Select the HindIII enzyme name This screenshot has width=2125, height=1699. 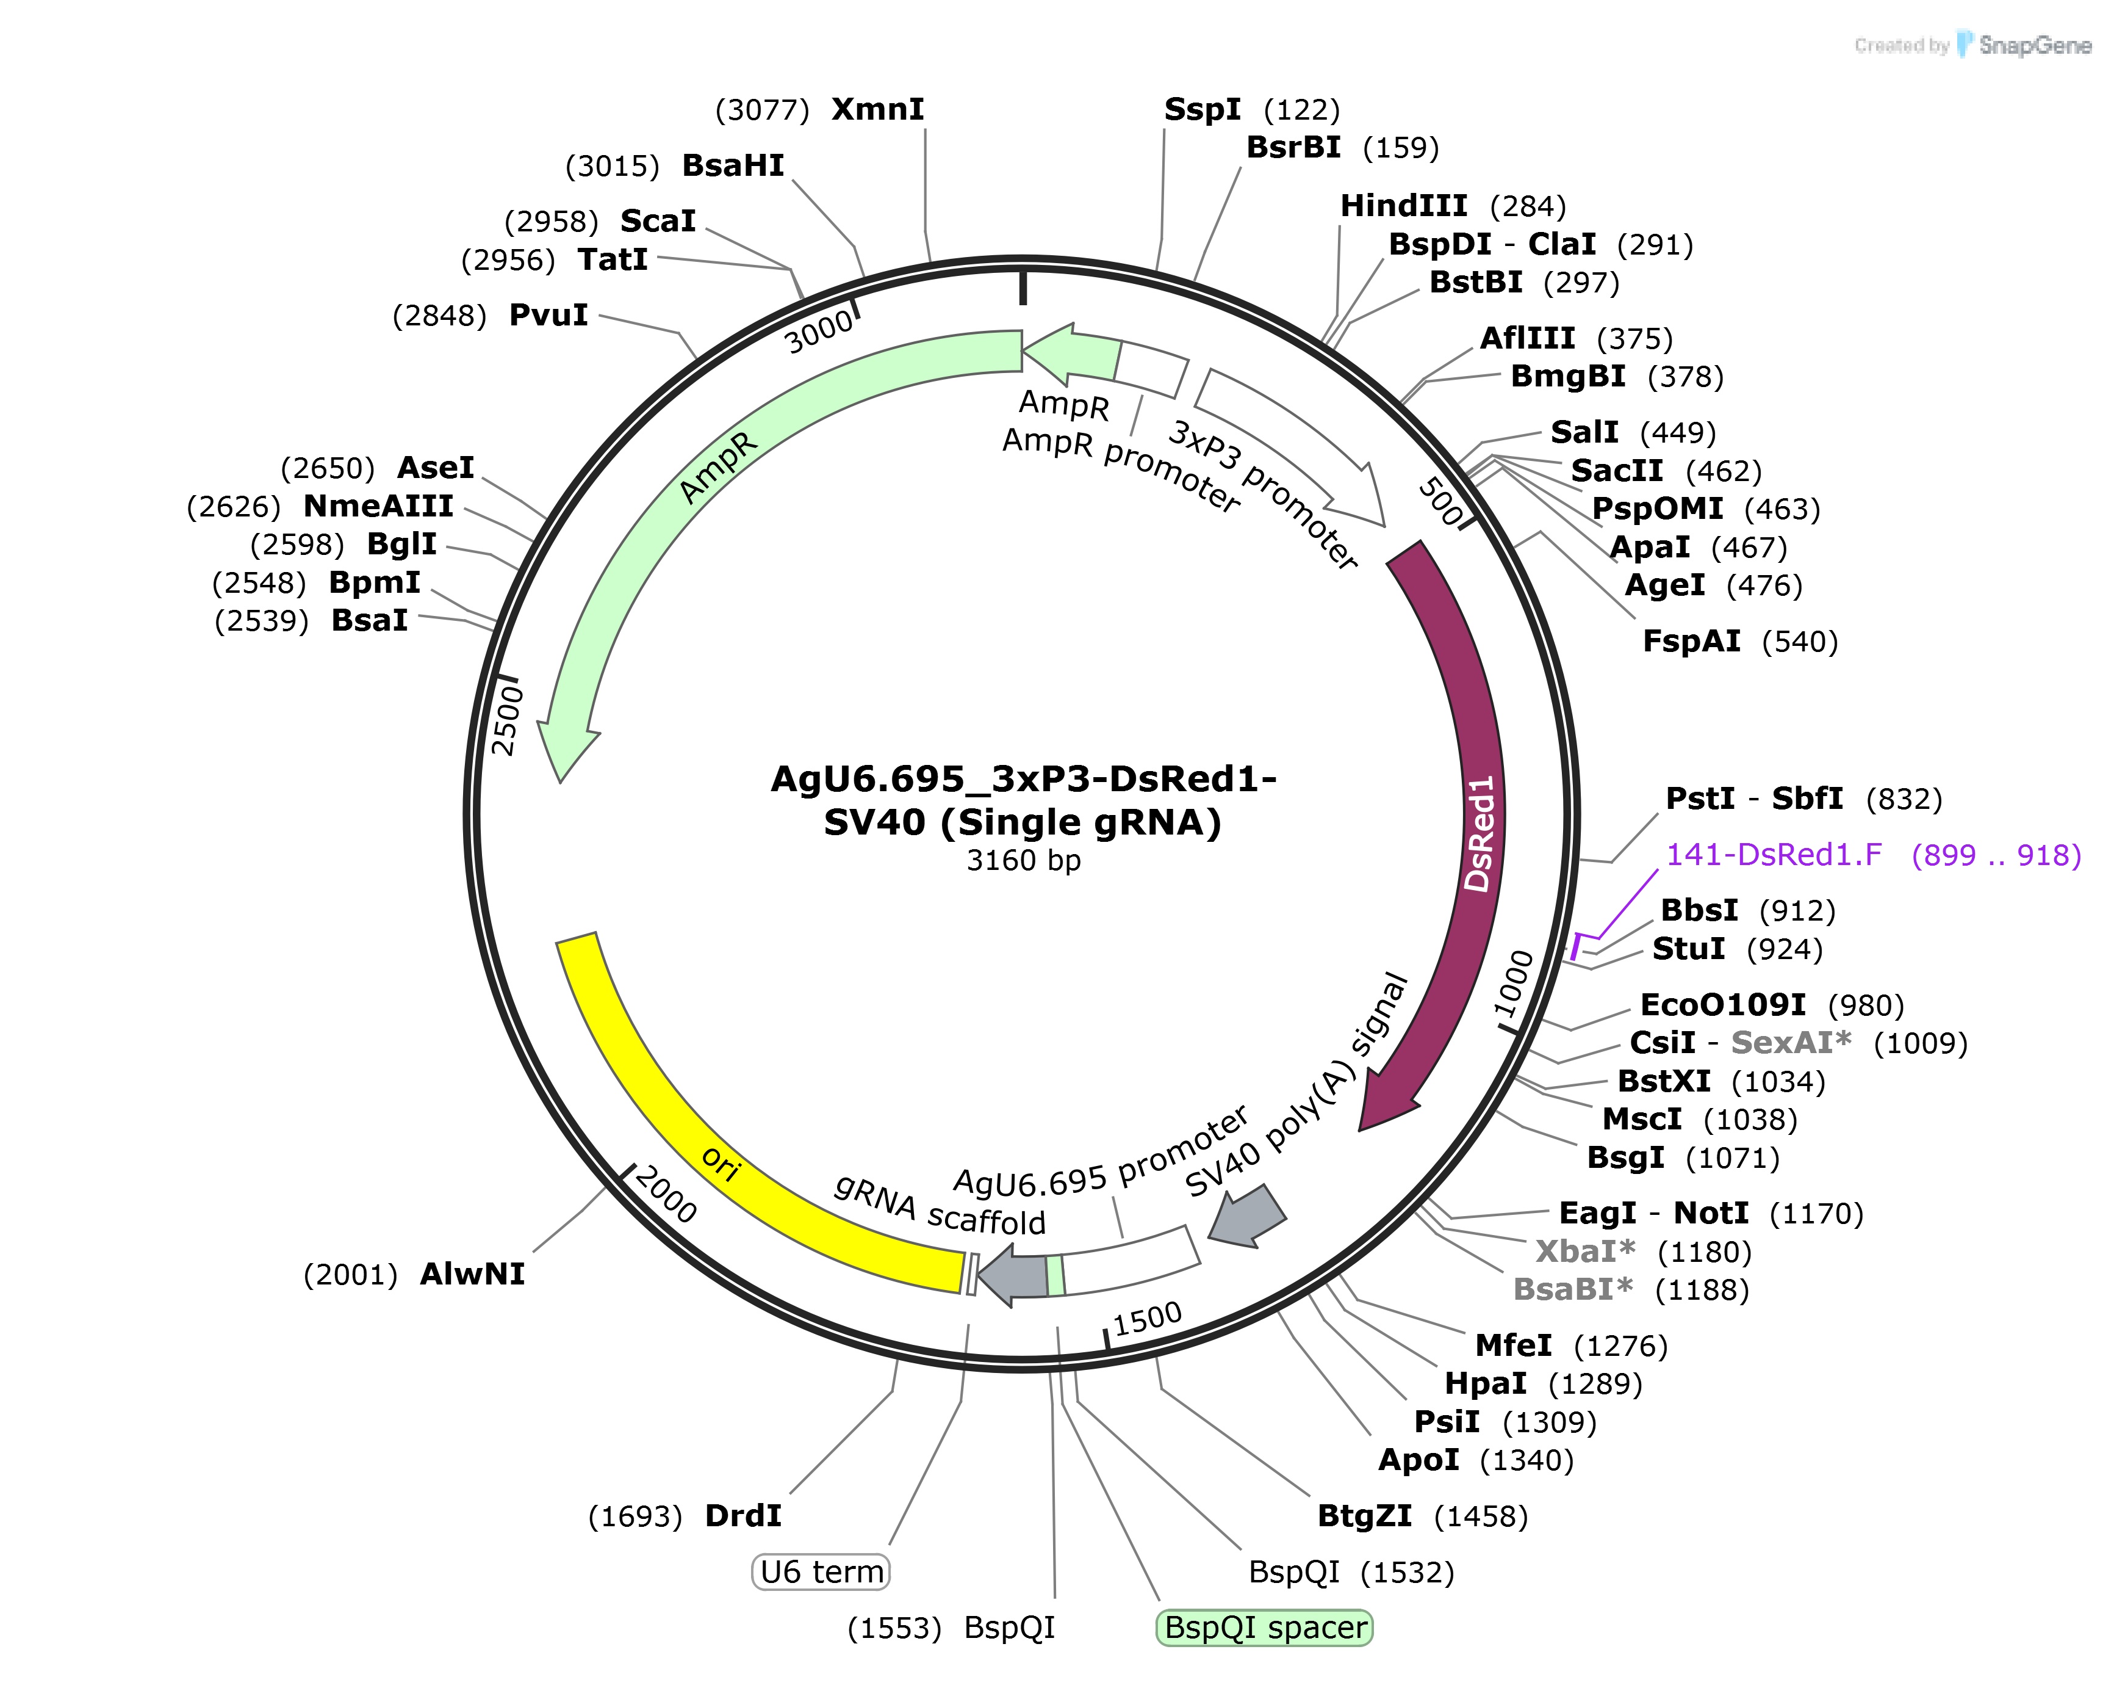click(x=1403, y=206)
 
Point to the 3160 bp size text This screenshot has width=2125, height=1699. click(x=1023, y=861)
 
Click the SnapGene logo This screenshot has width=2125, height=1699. click(x=2024, y=45)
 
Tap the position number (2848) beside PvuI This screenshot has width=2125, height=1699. click(x=440, y=316)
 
